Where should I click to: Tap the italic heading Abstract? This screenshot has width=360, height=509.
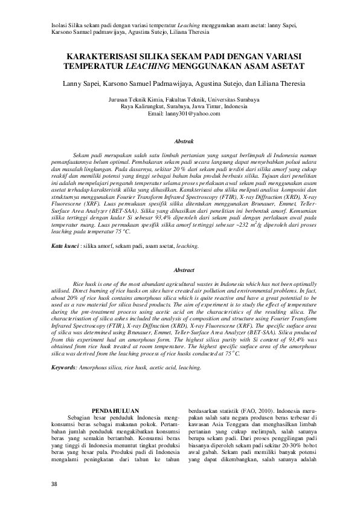point(183,270)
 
